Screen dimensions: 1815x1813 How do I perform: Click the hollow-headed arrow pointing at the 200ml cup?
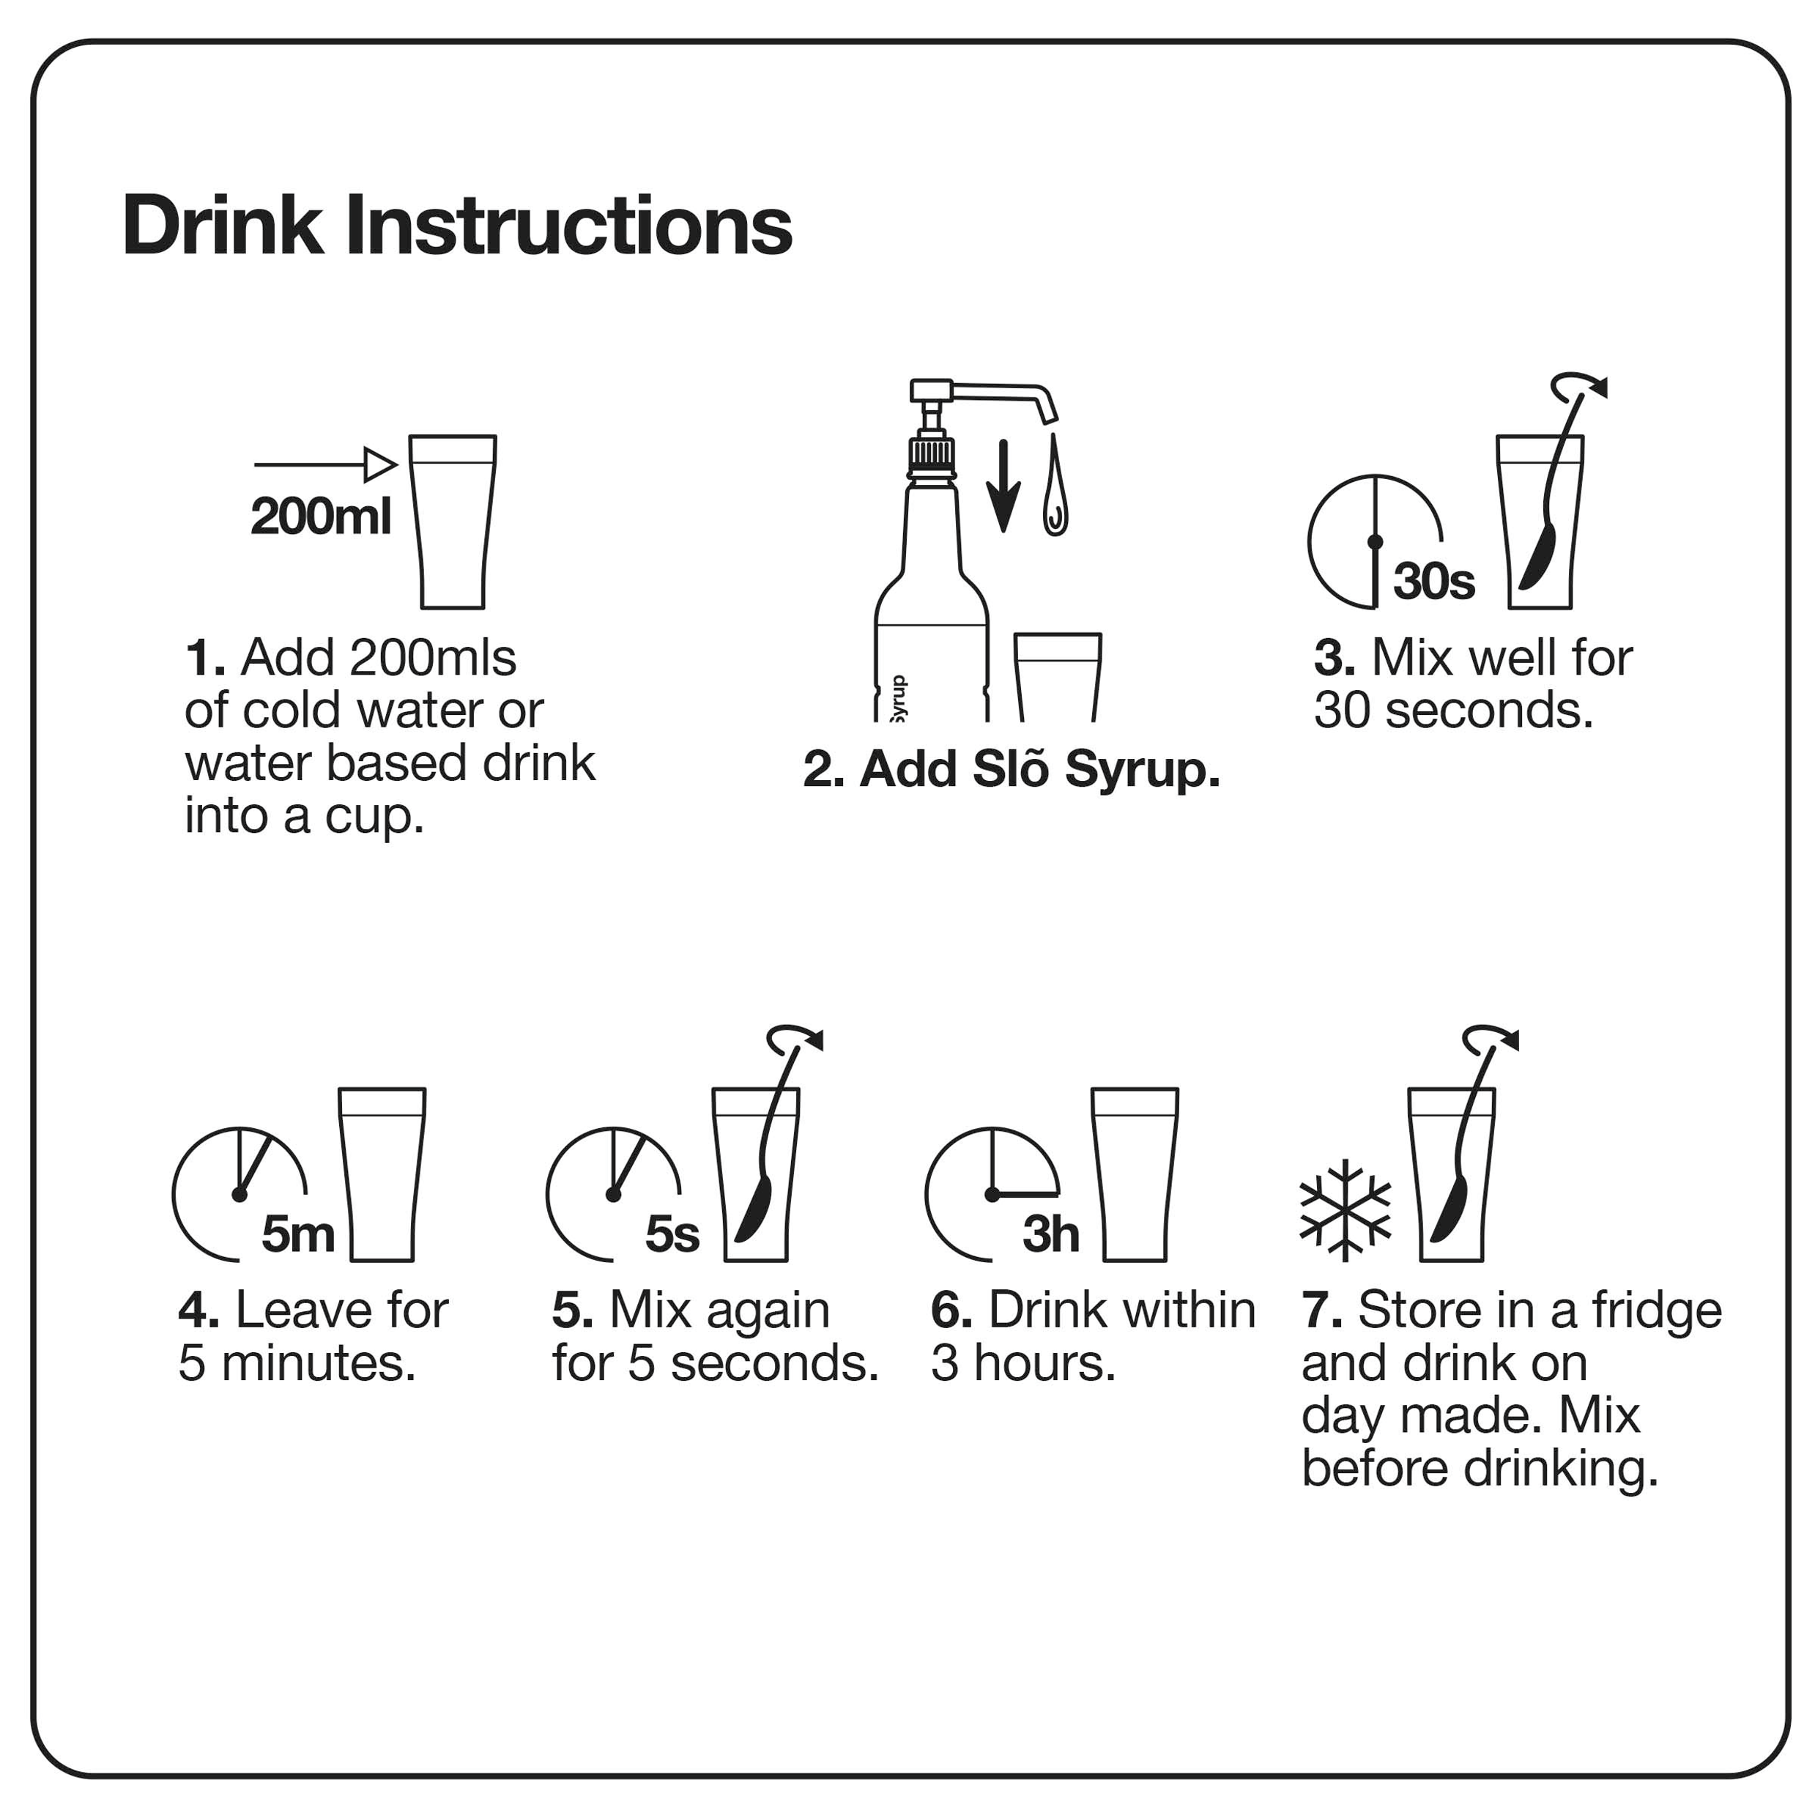(x=326, y=464)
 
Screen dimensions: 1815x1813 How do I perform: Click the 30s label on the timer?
(x=1433, y=582)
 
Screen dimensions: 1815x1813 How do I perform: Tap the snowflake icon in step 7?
(x=1346, y=1210)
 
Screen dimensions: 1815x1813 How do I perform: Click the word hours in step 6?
(x=1044, y=1363)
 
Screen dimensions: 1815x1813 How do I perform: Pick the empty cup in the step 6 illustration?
(x=1135, y=1174)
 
